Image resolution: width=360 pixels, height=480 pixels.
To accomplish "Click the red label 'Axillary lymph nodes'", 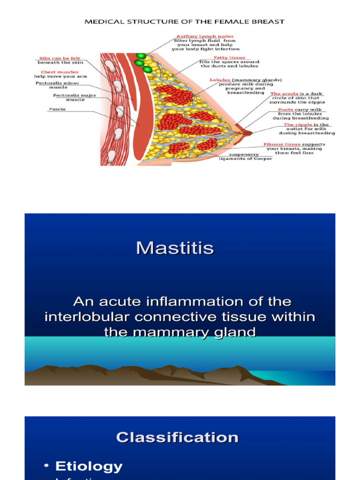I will (x=205, y=36).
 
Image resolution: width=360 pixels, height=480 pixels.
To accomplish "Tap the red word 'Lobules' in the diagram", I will (x=220, y=80).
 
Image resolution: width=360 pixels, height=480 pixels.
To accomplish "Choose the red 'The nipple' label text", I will (x=295, y=125).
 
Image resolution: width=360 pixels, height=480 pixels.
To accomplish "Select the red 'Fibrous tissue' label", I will (x=282, y=144).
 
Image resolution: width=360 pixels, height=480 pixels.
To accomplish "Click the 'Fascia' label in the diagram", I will (x=57, y=109).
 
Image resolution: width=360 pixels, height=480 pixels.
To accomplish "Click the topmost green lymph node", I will (x=140, y=55).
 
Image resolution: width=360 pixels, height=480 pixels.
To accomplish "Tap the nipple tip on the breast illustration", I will (x=250, y=133).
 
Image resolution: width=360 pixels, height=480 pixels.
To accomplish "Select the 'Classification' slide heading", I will (x=177, y=437).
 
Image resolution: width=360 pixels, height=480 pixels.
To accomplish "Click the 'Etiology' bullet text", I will (x=89, y=466).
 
